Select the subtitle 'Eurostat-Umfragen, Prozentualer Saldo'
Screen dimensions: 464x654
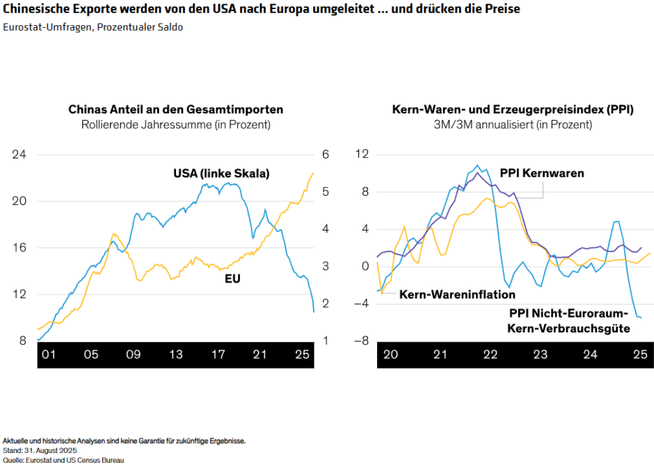[x=93, y=27]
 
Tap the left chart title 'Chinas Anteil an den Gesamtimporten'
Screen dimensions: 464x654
[x=175, y=109]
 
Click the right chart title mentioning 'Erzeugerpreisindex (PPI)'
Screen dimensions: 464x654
[x=512, y=109]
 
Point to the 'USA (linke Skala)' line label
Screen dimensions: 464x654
[x=221, y=173]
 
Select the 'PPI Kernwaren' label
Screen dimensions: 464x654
[x=542, y=173]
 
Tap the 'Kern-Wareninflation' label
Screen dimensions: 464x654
[x=457, y=295]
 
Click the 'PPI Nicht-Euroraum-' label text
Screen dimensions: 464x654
[x=569, y=314]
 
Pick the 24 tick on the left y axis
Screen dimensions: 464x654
[x=19, y=154]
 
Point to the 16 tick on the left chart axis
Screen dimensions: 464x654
[x=19, y=247]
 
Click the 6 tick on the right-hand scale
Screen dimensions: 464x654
[x=324, y=154]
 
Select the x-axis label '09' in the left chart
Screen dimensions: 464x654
[x=133, y=355]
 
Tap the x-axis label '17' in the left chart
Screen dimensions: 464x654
[x=218, y=355]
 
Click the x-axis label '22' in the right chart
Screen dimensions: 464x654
[x=490, y=355]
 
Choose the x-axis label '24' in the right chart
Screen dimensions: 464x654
[x=590, y=355]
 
